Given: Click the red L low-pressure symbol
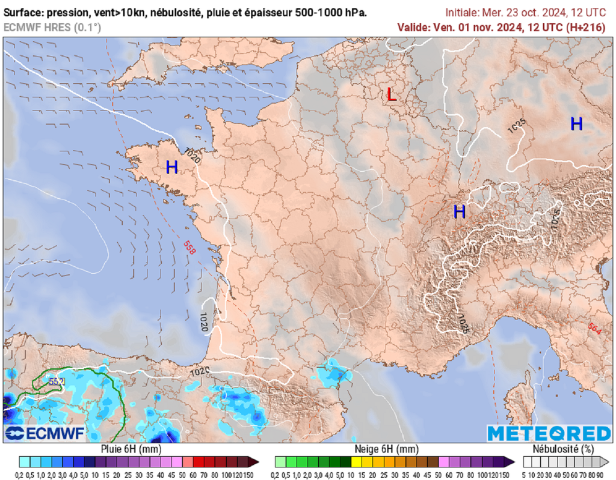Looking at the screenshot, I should click(392, 94).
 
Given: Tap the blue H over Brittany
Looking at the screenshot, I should click(172, 168).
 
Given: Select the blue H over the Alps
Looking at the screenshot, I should click(460, 211).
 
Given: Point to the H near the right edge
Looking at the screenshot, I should click(576, 124).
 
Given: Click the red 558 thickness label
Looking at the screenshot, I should click(189, 248).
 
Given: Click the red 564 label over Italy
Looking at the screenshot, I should click(594, 330).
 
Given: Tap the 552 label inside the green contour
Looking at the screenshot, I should click(57, 381).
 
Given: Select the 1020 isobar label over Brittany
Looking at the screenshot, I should click(192, 157).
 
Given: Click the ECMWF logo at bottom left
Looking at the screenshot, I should click(45, 433).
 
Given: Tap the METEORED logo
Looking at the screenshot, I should click(549, 433).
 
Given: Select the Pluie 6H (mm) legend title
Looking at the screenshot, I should click(130, 449).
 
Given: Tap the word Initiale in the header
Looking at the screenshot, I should click(464, 12).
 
